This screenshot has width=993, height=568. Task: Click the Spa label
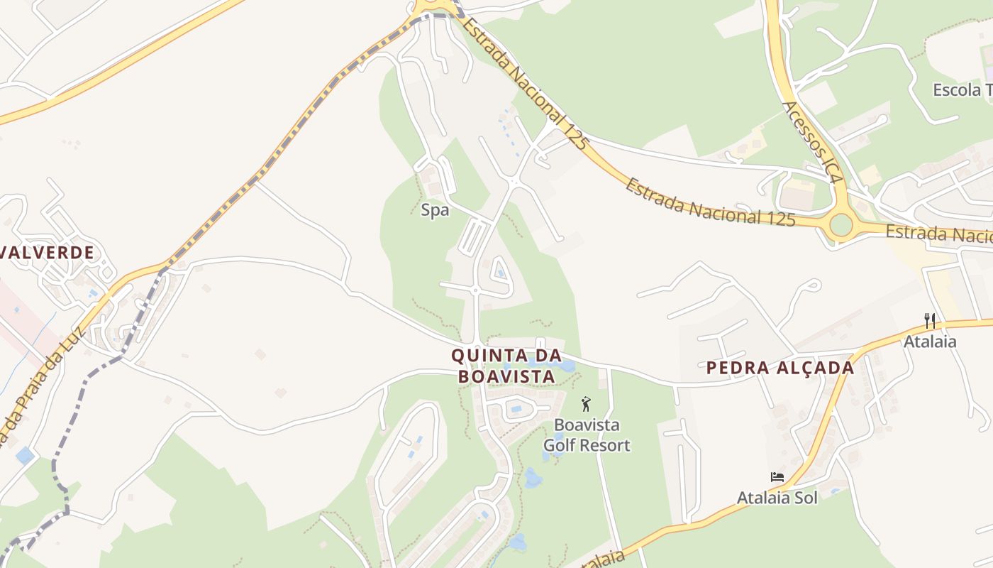point(435,210)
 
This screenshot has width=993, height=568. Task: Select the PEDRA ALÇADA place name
point(780,368)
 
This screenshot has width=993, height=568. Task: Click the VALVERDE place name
point(48,253)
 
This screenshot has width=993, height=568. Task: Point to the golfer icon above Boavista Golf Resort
point(586,405)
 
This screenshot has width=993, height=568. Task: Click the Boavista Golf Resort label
point(587,435)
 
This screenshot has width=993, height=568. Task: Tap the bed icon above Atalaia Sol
point(777,477)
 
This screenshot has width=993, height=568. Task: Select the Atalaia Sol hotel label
point(777,498)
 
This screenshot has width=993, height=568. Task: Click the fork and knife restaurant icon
point(930,321)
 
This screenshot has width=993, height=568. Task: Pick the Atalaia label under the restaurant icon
point(930,342)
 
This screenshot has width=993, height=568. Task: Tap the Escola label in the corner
point(962,90)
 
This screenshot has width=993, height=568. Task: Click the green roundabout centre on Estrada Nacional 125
point(841,225)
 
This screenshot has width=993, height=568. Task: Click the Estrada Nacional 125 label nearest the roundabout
point(709,202)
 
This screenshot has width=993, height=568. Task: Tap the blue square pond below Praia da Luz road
point(25,456)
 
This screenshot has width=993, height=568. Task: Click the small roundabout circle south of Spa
point(475,290)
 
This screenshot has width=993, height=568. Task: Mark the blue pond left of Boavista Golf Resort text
point(533,478)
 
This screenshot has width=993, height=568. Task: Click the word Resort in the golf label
point(605,446)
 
